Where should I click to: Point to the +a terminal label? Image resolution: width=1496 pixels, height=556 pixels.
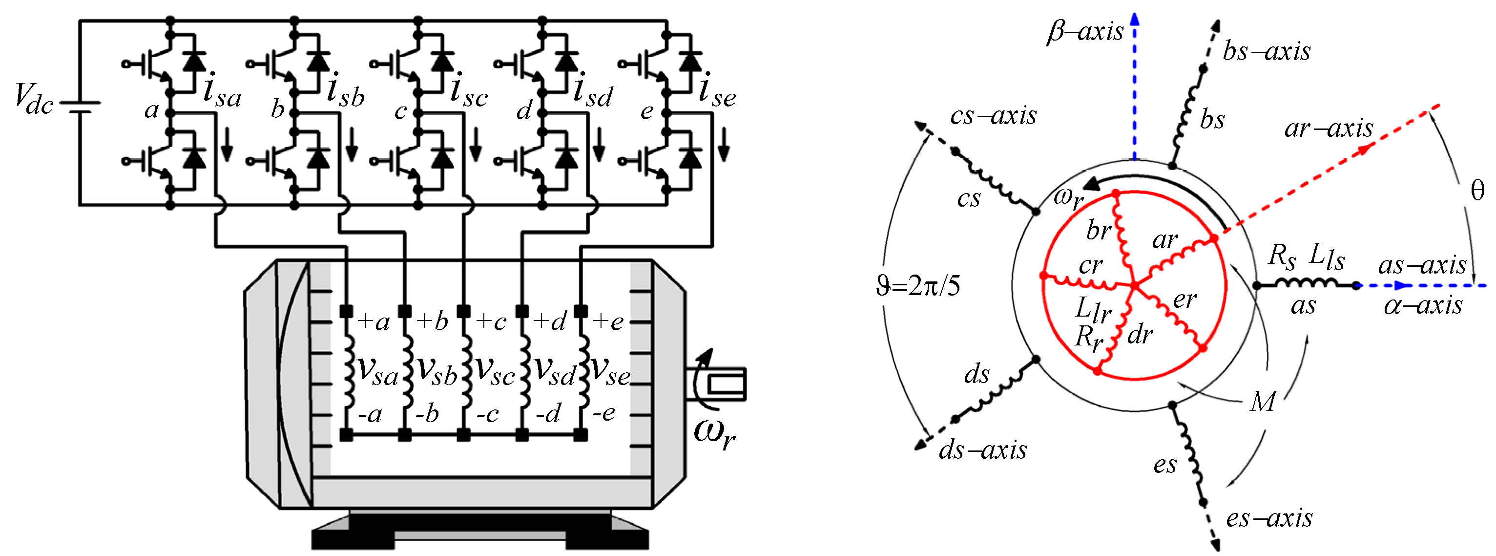pos(373,321)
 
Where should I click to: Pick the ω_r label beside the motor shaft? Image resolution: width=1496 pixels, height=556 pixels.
pos(714,433)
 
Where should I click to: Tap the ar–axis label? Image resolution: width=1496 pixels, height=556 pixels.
pos(1329,128)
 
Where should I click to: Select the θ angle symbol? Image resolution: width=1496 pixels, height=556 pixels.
pos(1477,191)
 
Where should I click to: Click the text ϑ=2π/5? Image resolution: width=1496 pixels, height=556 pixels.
pos(917,286)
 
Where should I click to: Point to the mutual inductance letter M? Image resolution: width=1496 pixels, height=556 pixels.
pos(1263,402)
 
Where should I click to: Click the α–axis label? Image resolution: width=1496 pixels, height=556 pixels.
pos(1423,305)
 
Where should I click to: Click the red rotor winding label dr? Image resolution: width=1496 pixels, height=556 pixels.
pos(1140,335)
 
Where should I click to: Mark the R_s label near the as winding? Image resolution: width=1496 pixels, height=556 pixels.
pos(1282,256)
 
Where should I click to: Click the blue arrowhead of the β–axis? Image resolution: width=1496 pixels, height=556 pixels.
pos(1135,19)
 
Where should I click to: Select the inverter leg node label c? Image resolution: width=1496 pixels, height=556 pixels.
pos(400,110)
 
